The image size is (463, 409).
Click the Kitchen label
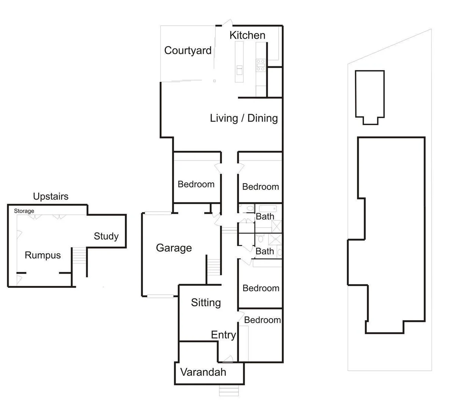(247, 35)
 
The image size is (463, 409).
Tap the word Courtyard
(188, 50)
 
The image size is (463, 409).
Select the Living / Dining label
(244, 118)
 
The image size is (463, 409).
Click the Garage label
(174, 248)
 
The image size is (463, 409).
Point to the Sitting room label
(206, 303)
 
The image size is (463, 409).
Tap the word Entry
(223, 335)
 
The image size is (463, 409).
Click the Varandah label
(203, 372)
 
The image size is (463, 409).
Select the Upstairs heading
(50, 197)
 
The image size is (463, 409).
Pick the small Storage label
(24, 211)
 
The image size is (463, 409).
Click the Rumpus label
(42, 255)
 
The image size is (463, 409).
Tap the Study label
(106, 236)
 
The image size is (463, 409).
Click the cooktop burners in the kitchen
(261, 65)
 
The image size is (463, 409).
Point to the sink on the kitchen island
(239, 70)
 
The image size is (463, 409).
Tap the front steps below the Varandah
(229, 390)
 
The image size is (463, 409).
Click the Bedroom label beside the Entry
(262, 320)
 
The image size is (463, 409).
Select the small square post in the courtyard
(214, 81)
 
